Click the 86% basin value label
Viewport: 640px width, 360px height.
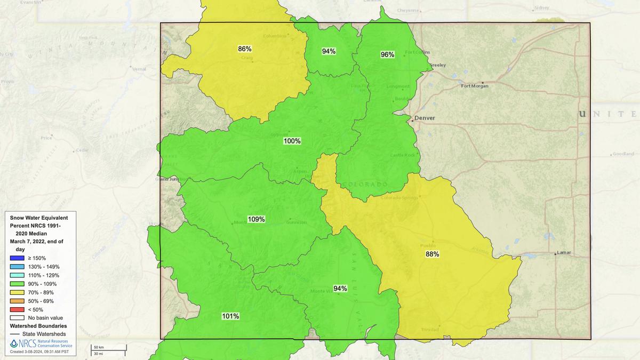click(245, 49)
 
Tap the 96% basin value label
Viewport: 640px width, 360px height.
click(387, 54)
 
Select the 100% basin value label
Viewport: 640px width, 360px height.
click(292, 141)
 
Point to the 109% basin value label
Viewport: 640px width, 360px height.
click(256, 219)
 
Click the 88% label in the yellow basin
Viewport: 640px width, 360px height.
click(432, 254)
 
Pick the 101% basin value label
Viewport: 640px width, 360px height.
click(230, 316)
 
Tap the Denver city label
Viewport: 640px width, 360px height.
click(425, 118)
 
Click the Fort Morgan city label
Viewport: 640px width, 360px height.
click(475, 86)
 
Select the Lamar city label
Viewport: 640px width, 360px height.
click(563, 252)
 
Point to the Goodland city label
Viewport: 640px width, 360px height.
click(623, 154)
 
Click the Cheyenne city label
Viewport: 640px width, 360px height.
click(408, 11)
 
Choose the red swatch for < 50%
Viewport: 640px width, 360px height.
click(18, 309)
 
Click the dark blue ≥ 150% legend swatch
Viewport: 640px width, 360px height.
click(18, 258)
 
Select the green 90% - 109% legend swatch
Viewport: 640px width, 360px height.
click(18, 284)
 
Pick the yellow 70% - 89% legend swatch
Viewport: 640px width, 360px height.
click(18, 292)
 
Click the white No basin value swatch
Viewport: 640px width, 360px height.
click(18, 318)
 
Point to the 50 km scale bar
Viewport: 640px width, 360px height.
click(107, 348)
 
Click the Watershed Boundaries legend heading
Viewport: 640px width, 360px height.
click(38, 326)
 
